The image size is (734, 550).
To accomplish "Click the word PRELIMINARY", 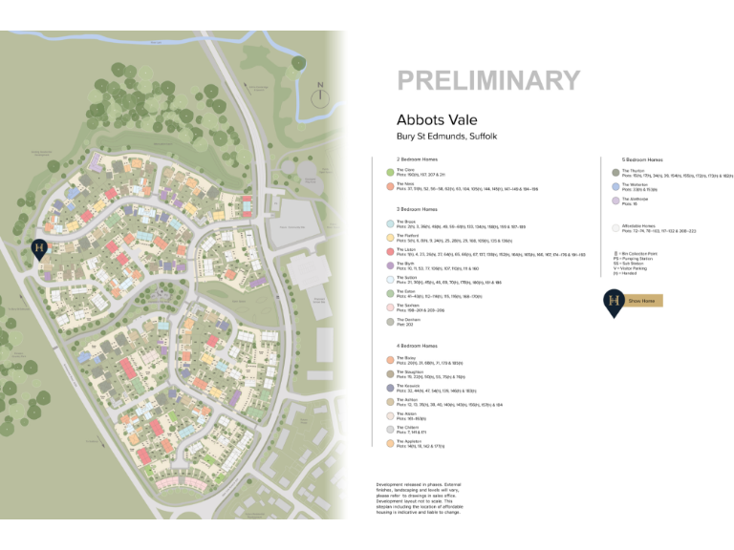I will (487, 81).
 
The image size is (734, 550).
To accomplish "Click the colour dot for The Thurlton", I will (615, 173).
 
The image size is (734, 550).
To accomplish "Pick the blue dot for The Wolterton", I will (615, 187).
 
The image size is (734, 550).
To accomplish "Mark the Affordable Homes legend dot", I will (615, 228).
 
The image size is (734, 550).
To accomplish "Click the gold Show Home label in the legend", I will (642, 301).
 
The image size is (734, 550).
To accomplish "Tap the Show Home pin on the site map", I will (39, 251).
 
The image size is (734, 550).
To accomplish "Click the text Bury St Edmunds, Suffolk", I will (446, 137).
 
